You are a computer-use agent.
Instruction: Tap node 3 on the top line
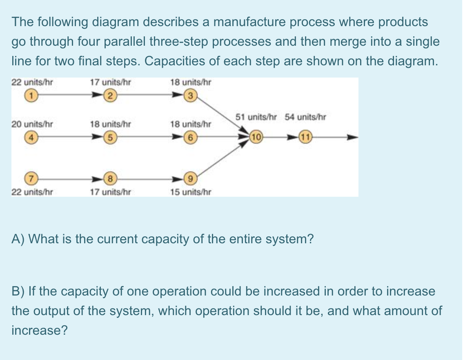[x=189, y=97]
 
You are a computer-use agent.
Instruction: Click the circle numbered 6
[x=189, y=137]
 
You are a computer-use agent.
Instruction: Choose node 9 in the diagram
[x=189, y=178]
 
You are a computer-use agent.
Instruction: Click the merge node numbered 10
[x=256, y=137]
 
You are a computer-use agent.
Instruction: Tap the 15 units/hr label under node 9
[x=191, y=191]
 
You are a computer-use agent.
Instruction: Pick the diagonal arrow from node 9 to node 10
[x=223, y=159]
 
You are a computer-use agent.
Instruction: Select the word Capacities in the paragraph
[x=180, y=61]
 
